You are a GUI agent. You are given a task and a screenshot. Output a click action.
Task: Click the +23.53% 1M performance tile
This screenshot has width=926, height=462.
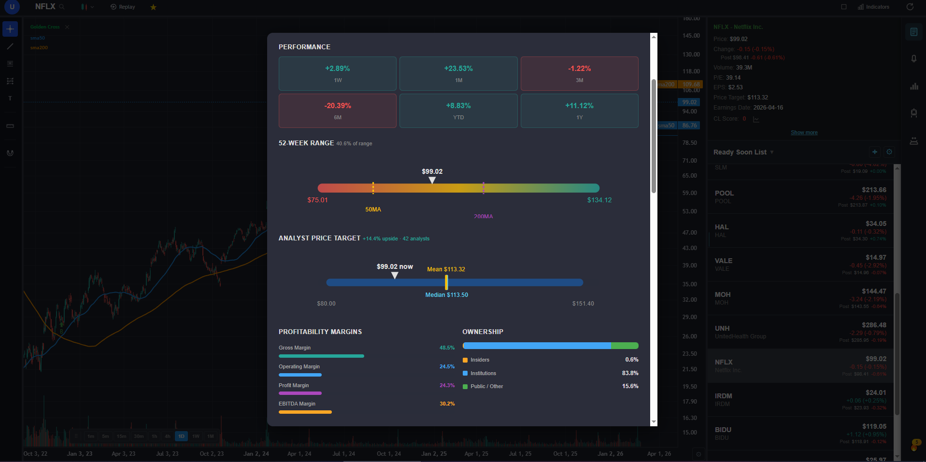coord(458,73)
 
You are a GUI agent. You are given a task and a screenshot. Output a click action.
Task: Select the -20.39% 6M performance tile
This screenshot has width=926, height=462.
coord(338,111)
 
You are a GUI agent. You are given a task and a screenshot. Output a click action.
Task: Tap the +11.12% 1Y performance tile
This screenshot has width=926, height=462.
coord(579,111)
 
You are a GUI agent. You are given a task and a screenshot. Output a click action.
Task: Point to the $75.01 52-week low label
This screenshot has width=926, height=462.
coord(317,200)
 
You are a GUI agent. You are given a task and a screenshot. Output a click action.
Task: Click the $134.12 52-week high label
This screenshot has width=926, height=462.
coord(599,200)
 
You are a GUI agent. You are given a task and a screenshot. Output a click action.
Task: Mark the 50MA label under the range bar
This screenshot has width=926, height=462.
coord(373,210)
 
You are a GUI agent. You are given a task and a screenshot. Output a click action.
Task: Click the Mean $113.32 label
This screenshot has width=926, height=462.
coord(446,269)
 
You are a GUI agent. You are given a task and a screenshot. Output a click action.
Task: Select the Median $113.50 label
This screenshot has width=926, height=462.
coord(446,295)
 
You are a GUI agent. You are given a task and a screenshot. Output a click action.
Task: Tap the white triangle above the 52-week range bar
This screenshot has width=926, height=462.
coord(432,180)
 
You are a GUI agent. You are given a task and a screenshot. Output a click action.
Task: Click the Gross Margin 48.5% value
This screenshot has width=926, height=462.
coord(447,348)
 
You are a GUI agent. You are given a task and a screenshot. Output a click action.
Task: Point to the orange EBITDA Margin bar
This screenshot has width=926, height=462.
coord(305,412)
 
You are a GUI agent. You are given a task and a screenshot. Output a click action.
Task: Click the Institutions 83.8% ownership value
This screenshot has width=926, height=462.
coord(630,373)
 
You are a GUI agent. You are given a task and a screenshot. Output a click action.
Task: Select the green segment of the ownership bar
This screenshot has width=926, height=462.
coord(625,346)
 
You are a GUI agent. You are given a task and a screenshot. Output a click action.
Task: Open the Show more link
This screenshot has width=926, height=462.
coord(804,132)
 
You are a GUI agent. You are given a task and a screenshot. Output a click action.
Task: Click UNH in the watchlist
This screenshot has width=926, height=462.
coord(722,328)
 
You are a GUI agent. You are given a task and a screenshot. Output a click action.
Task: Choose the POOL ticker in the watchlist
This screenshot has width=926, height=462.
coord(724,193)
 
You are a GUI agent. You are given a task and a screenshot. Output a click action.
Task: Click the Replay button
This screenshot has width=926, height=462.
coord(123,7)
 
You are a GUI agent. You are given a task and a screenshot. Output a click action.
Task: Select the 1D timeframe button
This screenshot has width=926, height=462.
coord(181,436)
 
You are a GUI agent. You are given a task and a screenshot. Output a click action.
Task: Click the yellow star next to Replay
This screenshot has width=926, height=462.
coord(153,7)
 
